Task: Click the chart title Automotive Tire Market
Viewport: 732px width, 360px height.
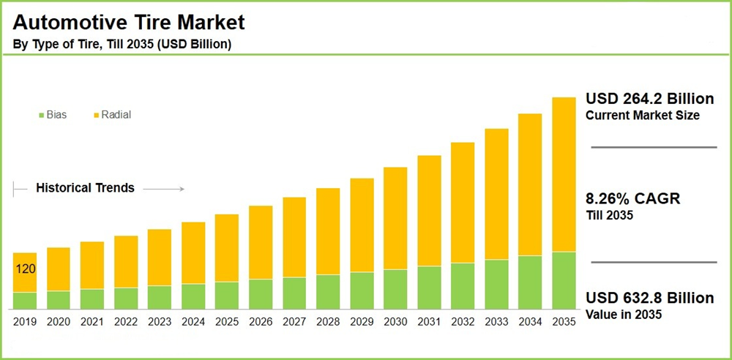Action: click(129, 22)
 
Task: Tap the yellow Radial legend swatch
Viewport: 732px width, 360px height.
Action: click(94, 116)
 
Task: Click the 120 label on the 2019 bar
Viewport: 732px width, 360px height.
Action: click(26, 269)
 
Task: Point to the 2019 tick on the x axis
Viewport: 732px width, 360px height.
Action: click(25, 321)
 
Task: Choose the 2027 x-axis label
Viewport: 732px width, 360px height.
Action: click(294, 321)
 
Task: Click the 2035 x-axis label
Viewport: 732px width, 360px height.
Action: click(564, 321)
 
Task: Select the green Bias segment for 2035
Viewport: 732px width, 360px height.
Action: click(564, 281)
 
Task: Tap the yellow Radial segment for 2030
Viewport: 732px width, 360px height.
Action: click(395, 218)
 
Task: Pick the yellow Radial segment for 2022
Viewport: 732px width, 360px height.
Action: click(126, 261)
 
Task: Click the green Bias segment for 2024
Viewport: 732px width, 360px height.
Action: click(193, 296)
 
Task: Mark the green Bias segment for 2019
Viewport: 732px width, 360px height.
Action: click(25, 301)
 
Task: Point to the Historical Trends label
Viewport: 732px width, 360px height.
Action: click(85, 188)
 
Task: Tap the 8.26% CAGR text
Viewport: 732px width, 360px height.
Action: click(633, 199)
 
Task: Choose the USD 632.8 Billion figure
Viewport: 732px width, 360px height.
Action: click(649, 299)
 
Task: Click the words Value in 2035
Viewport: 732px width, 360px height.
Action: click(624, 315)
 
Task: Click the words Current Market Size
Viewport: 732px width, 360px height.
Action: click(643, 116)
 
